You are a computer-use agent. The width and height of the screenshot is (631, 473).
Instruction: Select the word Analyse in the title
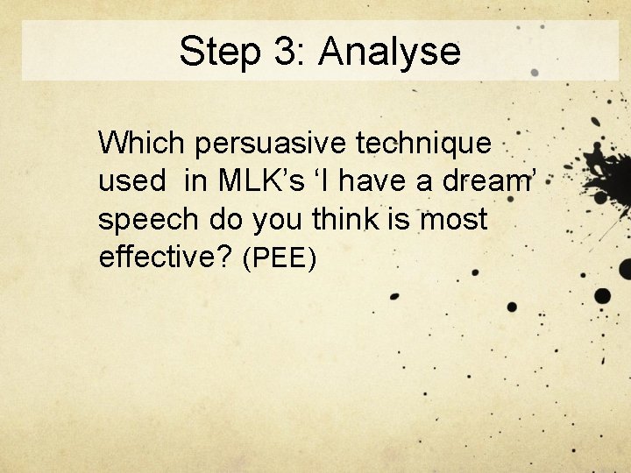389,52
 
